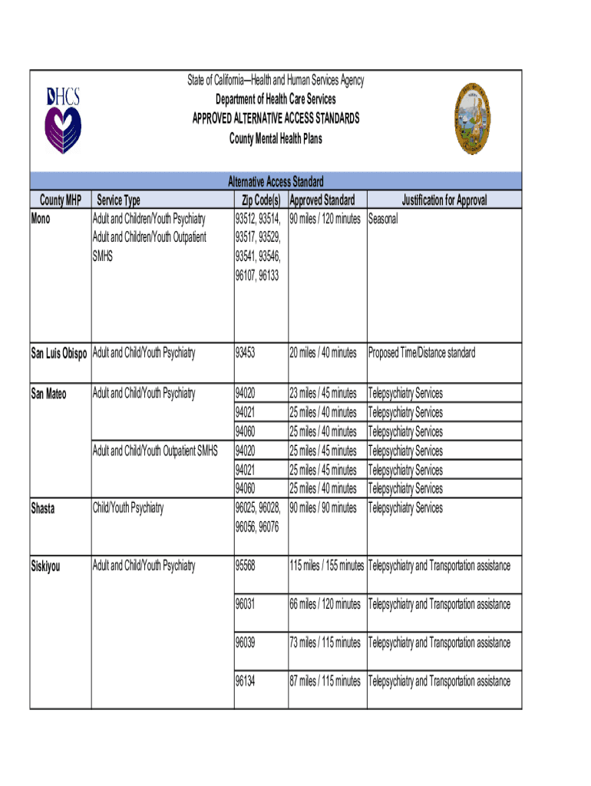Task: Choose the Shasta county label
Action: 43,508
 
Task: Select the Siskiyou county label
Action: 45,566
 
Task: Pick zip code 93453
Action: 246,353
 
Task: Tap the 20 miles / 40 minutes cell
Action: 323,353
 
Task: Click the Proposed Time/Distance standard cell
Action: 421,353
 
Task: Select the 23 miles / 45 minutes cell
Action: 323,394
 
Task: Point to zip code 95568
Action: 246,566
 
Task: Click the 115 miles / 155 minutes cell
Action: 327,566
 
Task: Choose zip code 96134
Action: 246,681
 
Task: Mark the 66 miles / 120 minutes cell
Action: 325,605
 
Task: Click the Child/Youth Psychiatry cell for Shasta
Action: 128,508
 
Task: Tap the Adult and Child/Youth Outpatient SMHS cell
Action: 155,451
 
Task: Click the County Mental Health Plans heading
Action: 276,139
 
